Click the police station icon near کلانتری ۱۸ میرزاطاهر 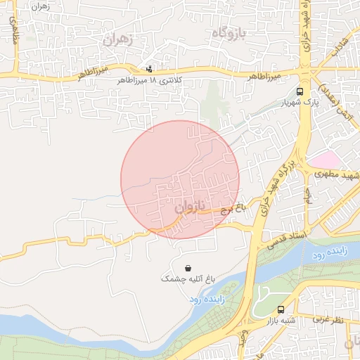coord(148,70)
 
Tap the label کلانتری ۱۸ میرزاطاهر coord(150,81)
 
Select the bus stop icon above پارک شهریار coord(300,91)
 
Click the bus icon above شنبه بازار coord(281,309)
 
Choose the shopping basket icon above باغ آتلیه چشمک coord(188,268)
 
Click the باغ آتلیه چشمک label coord(188,279)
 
